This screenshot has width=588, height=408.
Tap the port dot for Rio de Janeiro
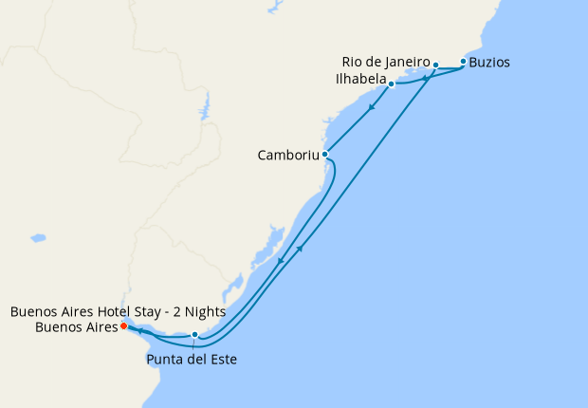click(435, 65)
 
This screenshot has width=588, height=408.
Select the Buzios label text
click(489, 63)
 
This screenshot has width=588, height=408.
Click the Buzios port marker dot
click(463, 62)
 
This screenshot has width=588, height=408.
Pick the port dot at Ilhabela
click(391, 84)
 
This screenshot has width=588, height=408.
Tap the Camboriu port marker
click(325, 154)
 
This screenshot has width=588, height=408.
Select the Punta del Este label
click(191, 359)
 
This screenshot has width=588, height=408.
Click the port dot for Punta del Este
click(194, 334)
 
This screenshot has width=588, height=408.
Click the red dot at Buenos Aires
click(123, 326)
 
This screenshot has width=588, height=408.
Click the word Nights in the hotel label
click(204, 311)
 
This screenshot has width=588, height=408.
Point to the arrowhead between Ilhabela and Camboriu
click(370, 106)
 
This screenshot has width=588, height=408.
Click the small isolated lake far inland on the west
click(38, 237)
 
